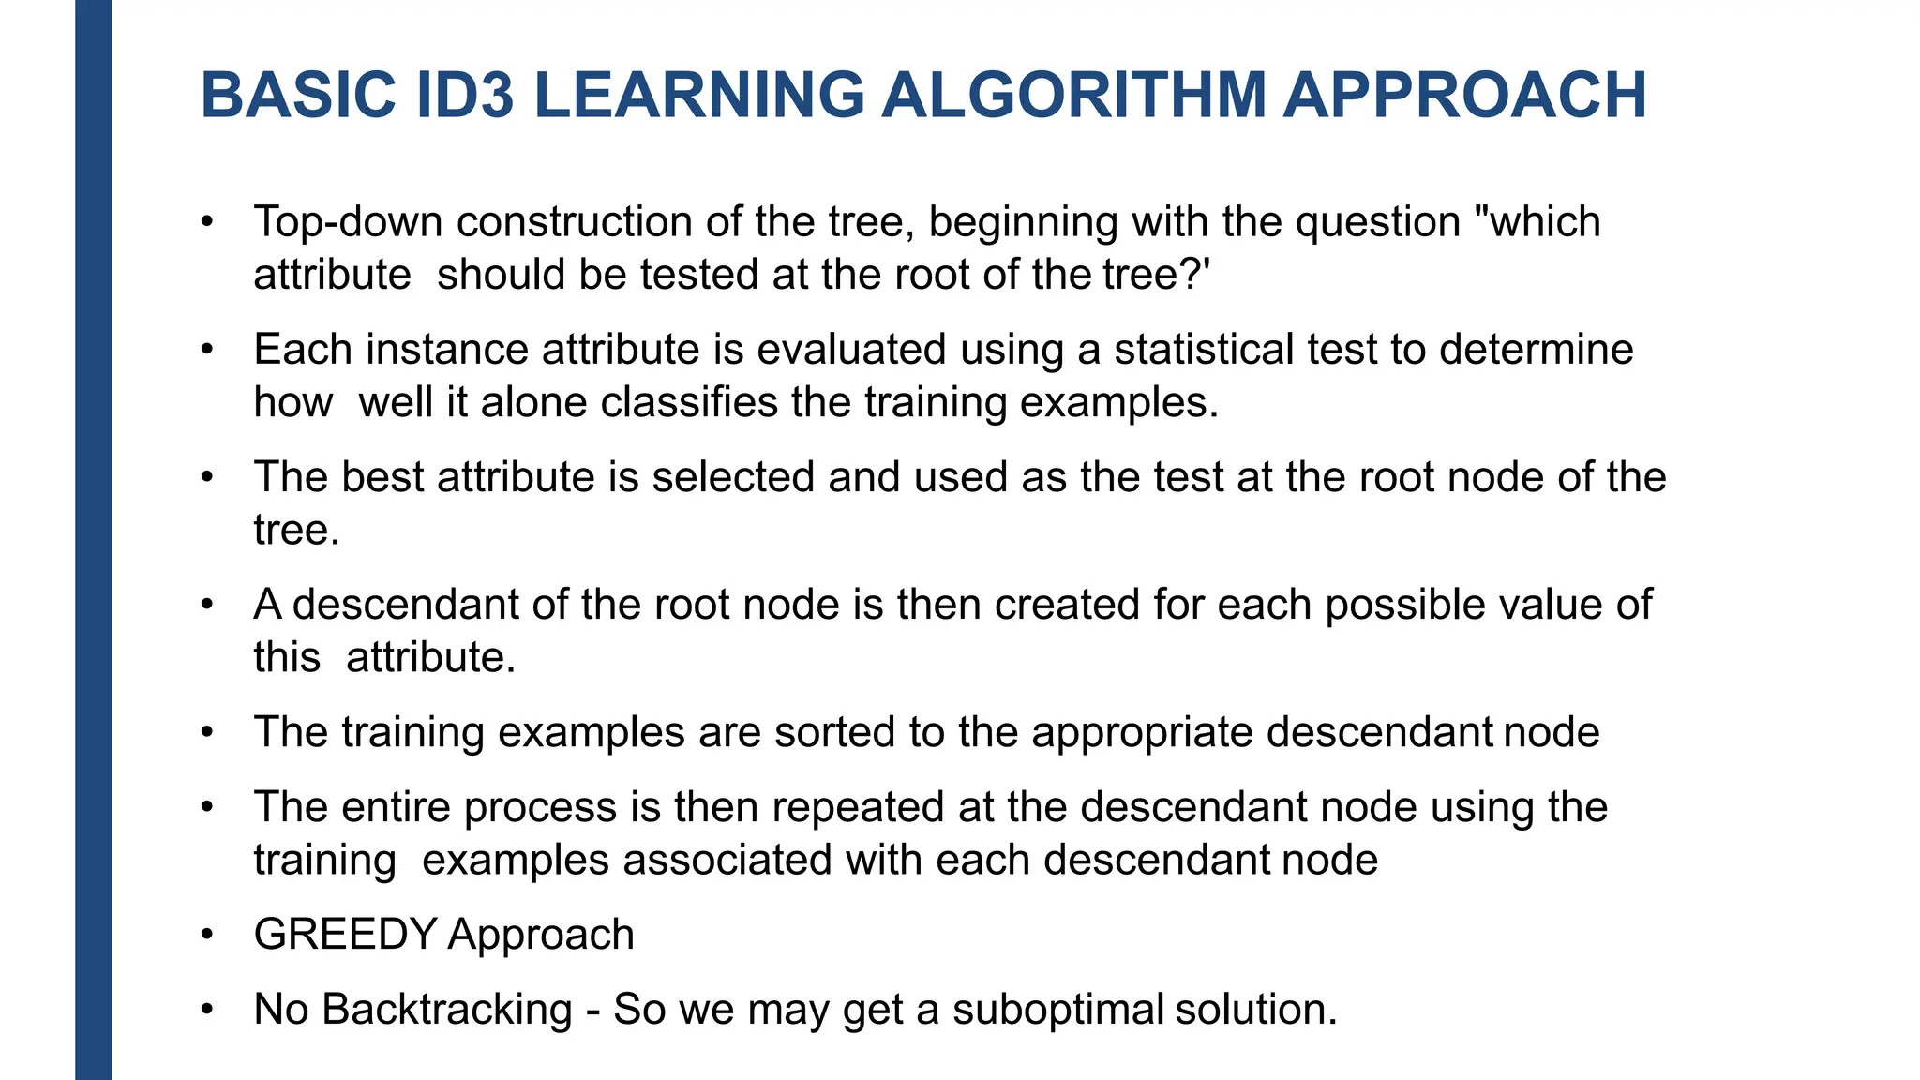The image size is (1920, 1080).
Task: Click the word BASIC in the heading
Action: [298, 96]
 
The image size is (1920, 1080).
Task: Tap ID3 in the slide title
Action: [464, 96]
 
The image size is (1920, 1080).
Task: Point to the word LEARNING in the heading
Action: [698, 96]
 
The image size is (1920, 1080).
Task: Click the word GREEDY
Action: [345, 935]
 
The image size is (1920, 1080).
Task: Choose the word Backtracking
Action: [447, 1010]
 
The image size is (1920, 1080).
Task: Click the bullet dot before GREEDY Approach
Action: [207, 935]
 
